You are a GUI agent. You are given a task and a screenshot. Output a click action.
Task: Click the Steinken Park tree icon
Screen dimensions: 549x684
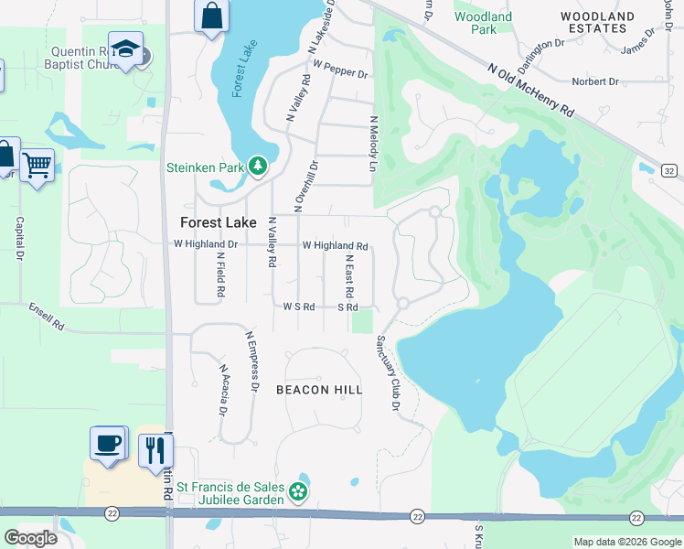point(259,166)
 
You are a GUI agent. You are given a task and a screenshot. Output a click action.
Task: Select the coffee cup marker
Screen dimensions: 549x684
point(107,444)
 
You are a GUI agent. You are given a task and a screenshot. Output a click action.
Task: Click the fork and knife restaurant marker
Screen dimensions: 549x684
point(155,449)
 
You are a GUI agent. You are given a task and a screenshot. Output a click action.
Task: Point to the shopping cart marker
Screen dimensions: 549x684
point(37,166)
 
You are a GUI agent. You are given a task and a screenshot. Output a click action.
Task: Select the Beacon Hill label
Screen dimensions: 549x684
point(319,389)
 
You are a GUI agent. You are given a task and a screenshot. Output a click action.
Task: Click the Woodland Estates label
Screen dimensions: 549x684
point(598,23)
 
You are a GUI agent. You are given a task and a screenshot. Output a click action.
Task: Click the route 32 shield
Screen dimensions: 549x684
point(669,171)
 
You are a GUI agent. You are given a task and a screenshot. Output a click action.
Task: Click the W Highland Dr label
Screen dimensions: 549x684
point(206,244)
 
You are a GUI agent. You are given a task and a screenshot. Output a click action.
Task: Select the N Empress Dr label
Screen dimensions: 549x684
point(252,362)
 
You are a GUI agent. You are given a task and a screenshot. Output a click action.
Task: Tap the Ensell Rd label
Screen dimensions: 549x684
point(47,317)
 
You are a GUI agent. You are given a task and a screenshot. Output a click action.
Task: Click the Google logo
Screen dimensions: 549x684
point(30,538)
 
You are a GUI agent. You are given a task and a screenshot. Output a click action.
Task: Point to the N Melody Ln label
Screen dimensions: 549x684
point(373,144)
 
